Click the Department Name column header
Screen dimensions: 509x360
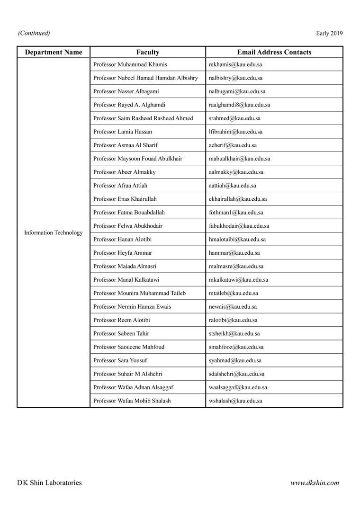pos(54,53)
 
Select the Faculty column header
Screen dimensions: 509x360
pos(147,53)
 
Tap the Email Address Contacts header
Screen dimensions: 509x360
pos(274,53)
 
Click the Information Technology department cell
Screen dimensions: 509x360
pos(54,233)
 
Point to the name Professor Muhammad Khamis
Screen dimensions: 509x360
pos(130,64)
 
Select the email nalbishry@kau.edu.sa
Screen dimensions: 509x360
pos(235,78)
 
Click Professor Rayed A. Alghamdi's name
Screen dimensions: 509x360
pos(129,105)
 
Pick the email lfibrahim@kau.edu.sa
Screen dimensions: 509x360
pos(235,132)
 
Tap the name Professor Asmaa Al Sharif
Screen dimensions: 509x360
pos(126,145)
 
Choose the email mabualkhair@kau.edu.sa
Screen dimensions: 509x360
pos(239,159)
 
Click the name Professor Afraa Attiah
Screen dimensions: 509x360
pos(120,186)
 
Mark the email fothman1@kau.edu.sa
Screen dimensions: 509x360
pos(236,213)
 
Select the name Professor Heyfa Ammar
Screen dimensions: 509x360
pos(123,253)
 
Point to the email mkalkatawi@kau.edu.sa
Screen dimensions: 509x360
pos(238,280)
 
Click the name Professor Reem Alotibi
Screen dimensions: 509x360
pos(121,320)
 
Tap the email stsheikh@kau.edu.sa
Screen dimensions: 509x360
pos(234,333)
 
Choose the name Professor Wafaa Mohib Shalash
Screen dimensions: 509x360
pos(132,401)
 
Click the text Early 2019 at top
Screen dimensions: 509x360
pos(329,33)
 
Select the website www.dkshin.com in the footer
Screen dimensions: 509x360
pos(315,483)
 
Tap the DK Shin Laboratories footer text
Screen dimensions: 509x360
pos(49,483)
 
